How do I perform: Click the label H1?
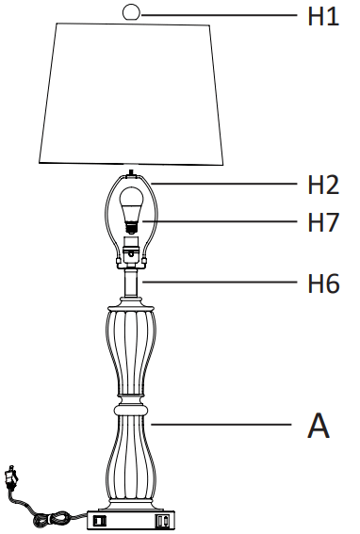323,16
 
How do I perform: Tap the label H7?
323,224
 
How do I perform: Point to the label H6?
323,282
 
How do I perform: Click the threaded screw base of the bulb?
133,227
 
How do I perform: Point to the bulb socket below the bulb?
133,251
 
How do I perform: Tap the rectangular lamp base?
132,518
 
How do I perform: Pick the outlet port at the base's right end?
165,519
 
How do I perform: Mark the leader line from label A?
221,426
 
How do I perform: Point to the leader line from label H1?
217,13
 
